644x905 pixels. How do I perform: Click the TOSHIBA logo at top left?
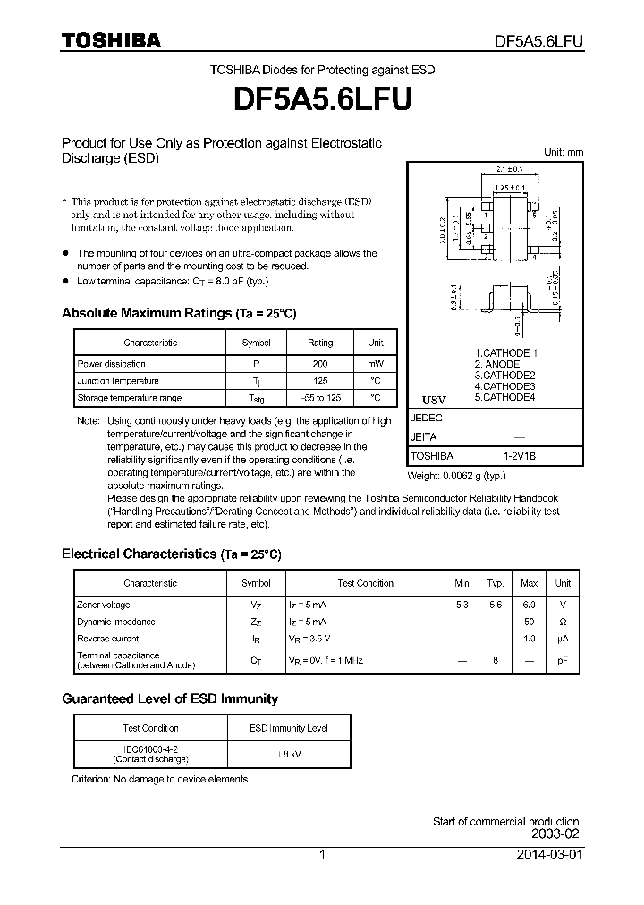point(111,40)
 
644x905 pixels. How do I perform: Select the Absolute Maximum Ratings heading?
point(178,313)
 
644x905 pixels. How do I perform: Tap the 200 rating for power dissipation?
point(320,364)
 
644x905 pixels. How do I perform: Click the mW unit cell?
point(375,364)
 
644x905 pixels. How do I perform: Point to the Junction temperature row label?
point(118,381)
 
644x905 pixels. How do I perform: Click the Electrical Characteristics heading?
point(171,554)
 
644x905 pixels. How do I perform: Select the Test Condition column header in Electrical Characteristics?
point(365,583)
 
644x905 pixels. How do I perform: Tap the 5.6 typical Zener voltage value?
point(496,605)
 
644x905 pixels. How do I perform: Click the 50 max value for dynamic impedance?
point(530,622)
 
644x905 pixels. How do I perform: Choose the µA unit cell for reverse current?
point(563,639)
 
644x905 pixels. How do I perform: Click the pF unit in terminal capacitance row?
point(563,661)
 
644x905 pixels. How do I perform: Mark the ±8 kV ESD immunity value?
point(287,754)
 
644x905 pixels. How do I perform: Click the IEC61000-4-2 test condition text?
point(150,749)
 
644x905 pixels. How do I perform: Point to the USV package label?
point(433,399)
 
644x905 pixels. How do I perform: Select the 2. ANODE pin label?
point(496,364)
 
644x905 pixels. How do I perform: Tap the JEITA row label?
point(424,437)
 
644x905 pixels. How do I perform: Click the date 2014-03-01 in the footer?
point(549,855)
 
